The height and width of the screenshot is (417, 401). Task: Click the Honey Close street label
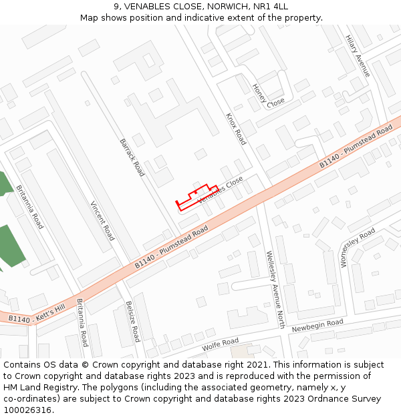coord(267,97)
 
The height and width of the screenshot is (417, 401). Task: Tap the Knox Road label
coord(236,128)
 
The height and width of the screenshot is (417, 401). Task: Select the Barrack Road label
coord(132,157)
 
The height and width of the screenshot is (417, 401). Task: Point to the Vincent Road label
coord(102,220)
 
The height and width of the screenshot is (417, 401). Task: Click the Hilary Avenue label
coord(358,55)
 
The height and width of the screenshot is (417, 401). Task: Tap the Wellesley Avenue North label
coord(275,290)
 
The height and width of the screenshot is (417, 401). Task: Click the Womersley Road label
coord(358,247)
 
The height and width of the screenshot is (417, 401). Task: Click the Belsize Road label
coord(132,320)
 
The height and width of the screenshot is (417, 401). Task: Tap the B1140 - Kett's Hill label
coord(37,315)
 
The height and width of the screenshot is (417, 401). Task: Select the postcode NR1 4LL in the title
coord(273,7)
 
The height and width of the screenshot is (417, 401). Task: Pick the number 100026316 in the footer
coord(27,410)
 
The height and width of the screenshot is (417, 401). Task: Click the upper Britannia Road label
coord(29,207)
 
